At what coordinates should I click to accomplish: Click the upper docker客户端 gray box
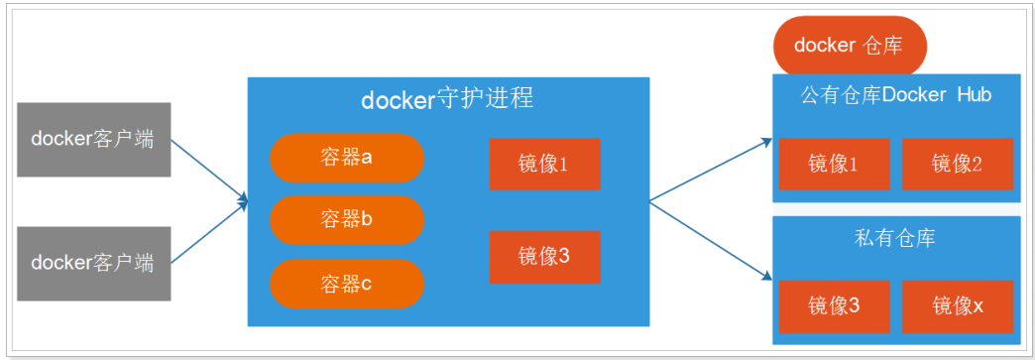[93, 139]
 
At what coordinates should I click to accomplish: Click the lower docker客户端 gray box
[93, 263]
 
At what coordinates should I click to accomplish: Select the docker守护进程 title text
[447, 99]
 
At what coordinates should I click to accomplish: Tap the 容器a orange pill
[346, 158]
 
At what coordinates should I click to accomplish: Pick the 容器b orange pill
[346, 219]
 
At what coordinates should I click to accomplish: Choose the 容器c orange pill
[346, 284]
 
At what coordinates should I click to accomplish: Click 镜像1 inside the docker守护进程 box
[543, 164]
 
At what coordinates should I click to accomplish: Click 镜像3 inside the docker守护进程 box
[543, 256]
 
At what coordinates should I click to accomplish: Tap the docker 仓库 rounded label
[850, 46]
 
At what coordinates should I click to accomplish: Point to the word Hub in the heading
[975, 95]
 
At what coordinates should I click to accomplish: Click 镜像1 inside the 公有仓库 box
[834, 164]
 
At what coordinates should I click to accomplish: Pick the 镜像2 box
[957, 164]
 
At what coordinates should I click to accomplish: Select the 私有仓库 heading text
[895, 238]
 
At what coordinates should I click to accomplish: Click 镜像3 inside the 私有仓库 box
[834, 305]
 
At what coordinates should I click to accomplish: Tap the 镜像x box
[957, 305]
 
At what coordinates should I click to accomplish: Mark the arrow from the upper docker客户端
[209, 172]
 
